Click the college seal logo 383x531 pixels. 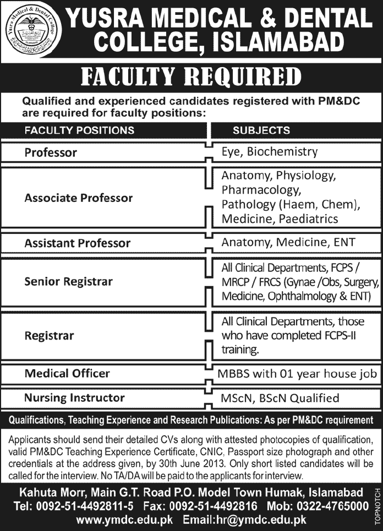click(31, 31)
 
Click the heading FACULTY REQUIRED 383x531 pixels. click(191, 78)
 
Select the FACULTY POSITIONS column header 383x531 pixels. click(79, 130)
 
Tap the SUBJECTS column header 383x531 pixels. click(261, 130)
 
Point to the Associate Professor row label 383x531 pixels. click(79, 198)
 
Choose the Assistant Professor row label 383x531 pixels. click(78, 243)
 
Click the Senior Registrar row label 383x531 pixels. click(69, 282)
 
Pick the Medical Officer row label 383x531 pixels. click(67, 374)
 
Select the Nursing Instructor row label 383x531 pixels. click(74, 397)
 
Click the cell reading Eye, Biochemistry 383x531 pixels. click(270, 151)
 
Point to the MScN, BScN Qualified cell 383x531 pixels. click(280, 398)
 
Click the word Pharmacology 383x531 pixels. click(261, 190)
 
